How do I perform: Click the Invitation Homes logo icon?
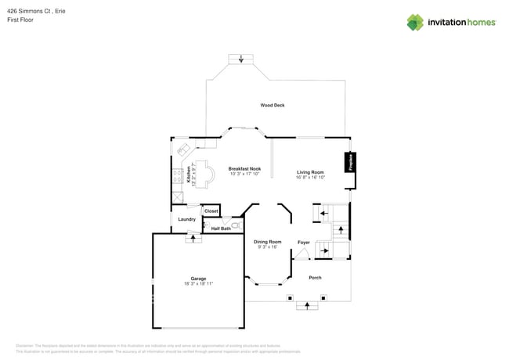pos(415,22)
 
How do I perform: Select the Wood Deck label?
pos(273,105)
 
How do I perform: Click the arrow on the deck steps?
pos(241,59)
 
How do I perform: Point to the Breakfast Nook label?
pos(244,168)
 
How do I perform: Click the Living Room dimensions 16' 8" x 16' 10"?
pos(310,178)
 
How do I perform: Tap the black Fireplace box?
pos(352,163)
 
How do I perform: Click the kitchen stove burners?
pos(178,175)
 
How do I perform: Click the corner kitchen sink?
pos(182,149)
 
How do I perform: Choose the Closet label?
pos(211,211)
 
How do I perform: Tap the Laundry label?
pos(186,219)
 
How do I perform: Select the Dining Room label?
pos(267,242)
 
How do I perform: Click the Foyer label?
pos(303,242)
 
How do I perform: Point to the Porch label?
pos(315,278)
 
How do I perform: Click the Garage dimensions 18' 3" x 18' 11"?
pos(199,284)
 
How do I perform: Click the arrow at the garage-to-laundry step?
pos(189,238)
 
